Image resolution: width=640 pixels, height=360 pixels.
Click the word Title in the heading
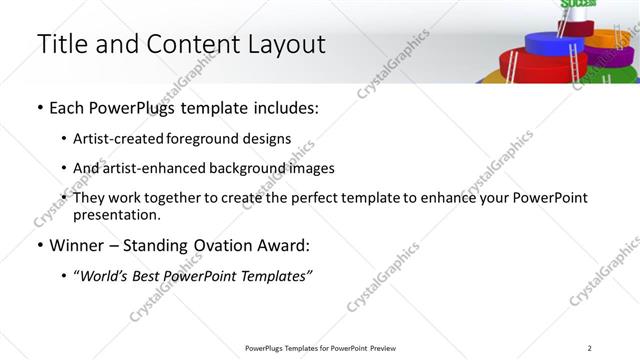63,45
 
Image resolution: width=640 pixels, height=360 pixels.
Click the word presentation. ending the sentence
116,214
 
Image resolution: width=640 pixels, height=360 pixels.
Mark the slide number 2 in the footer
590,347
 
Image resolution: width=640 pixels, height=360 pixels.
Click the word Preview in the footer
383,347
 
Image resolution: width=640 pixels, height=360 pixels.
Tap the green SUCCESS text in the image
576,4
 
